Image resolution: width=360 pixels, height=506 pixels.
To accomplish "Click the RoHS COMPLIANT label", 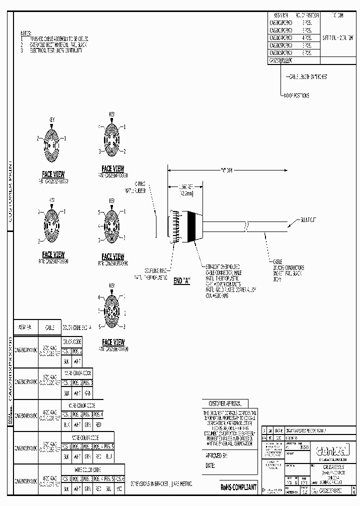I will point(238,486).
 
